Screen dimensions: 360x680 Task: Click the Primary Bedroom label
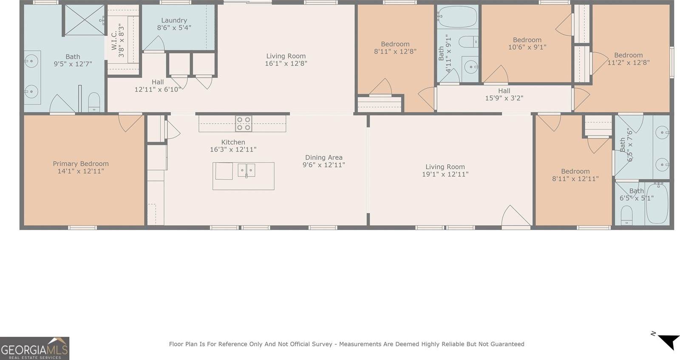[x=80, y=164]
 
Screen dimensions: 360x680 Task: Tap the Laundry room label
[x=174, y=20]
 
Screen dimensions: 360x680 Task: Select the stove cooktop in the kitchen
[x=244, y=123]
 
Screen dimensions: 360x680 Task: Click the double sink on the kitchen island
[x=246, y=170]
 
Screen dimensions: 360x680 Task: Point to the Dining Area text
[x=323, y=158]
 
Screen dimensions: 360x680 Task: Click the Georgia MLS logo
[x=34, y=349]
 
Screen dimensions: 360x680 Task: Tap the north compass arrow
[x=668, y=341]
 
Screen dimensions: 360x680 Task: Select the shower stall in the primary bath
[x=85, y=20]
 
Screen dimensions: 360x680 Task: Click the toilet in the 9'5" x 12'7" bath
[x=94, y=102]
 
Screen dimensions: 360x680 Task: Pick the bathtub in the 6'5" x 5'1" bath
[x=657, y=203]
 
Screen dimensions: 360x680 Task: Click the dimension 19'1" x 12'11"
[x=445, y=174]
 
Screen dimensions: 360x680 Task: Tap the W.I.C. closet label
[x=114, y=40]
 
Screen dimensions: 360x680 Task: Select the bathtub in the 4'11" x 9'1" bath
[x=457, y=17]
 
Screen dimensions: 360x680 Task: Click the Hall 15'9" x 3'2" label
[x=504, y=94]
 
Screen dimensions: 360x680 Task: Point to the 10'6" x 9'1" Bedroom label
[x=527, y=43]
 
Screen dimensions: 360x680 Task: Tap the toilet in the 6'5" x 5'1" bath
[x=627, y=215]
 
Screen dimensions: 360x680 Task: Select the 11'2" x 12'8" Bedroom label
[x=628, y=59]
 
